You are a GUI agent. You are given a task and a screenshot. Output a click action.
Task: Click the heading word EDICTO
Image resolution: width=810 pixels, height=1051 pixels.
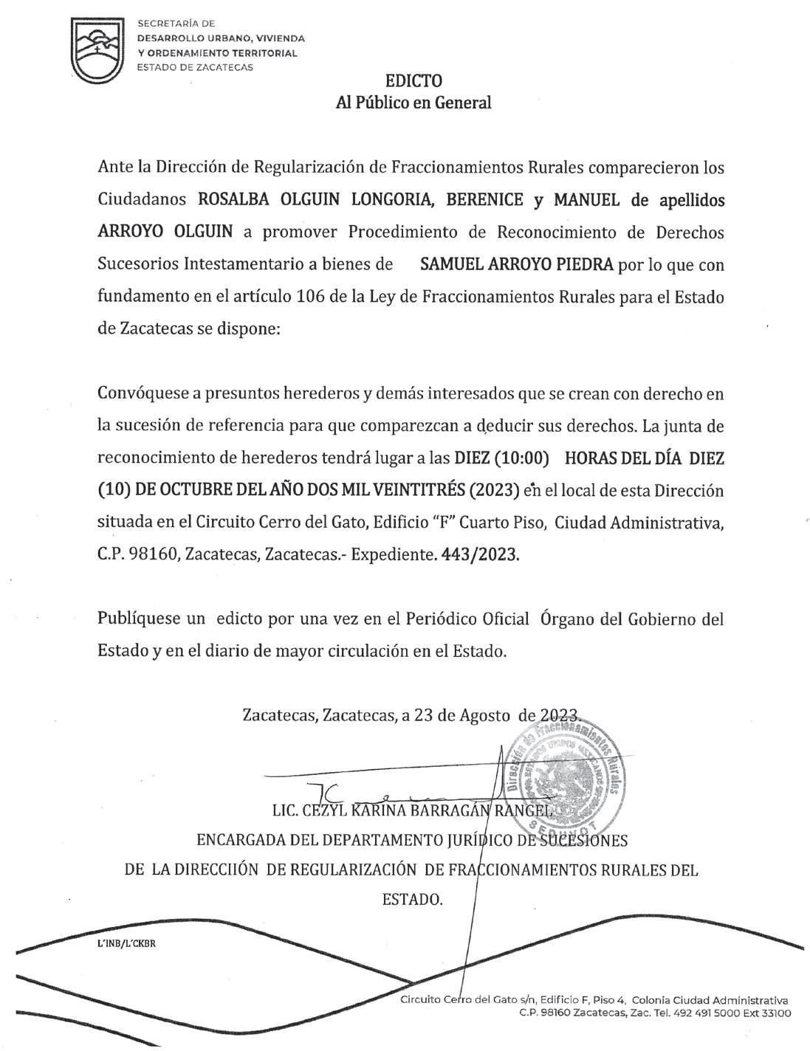pos(413,80)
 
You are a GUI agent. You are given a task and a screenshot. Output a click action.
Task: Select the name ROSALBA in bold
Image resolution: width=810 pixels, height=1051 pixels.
pos(233,200)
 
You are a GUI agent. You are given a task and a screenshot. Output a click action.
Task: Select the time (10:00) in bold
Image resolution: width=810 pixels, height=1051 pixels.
pos(521,458)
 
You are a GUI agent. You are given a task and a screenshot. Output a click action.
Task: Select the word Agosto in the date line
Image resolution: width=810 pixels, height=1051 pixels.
pos(484,714)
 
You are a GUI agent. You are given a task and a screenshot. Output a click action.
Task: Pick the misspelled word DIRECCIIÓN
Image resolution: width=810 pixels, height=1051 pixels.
pos(216,870)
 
